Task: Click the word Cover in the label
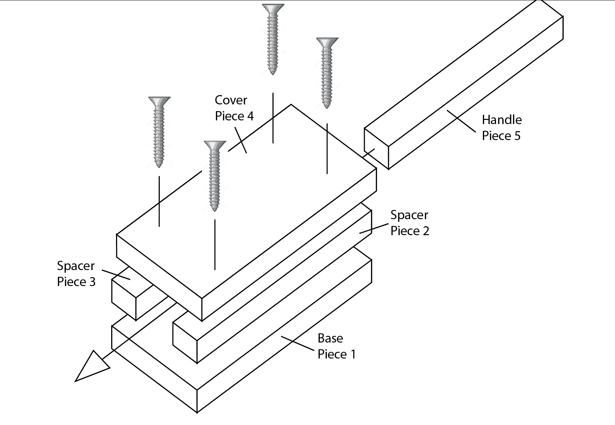(231, 100)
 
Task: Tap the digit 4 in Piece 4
(250, 116)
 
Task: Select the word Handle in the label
(502, 120)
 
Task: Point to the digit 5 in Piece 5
(517, 136)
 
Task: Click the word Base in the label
(330, 338)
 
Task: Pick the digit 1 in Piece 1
(353, 354)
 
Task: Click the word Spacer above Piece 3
(76, 266)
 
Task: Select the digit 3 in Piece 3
(92, 282)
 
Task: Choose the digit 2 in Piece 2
(426, 231)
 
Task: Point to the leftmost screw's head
(160, 101)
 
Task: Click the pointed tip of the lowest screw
(215, 211)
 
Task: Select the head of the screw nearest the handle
(328, 42)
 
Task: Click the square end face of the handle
(376, 149)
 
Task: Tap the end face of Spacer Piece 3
(124, 300)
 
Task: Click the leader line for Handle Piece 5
(461, 121)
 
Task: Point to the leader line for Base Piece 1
(297, 343)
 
